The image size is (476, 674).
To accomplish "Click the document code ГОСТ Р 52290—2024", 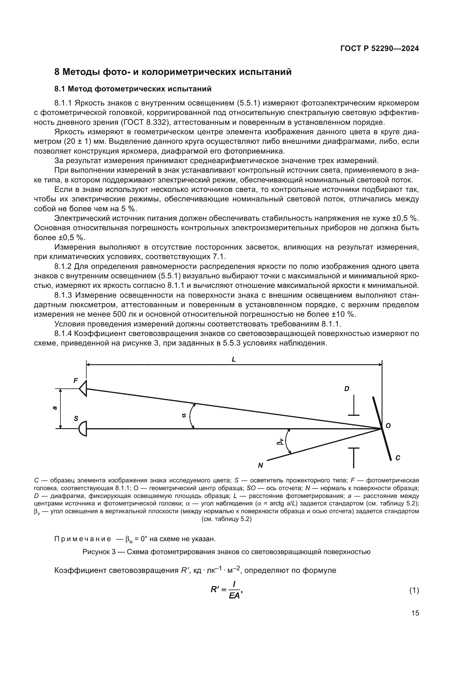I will pyautogui.click(x=379, y=49).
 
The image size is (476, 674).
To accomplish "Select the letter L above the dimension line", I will pyautogui.click(x=234, y=359).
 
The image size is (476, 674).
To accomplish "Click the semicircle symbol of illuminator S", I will pyautogui.click(x=83, y=428).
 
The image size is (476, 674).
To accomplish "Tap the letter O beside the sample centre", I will pyautogui.click(x=388, y=426).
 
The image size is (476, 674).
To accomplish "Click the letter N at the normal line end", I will pyautogui.click(x=260, y=465).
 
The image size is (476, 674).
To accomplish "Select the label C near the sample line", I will pyautogui.click(x=398, y=458).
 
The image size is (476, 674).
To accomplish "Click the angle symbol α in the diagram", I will pyautogui.click(x=184, y=415).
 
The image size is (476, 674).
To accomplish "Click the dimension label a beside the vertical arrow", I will pyautogui.click(x=54, y=408).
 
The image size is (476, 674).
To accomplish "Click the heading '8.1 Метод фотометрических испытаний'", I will pyautogui.click(x=133, y=89).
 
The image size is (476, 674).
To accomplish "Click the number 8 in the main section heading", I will pyautogui.click(x=57, y=72).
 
